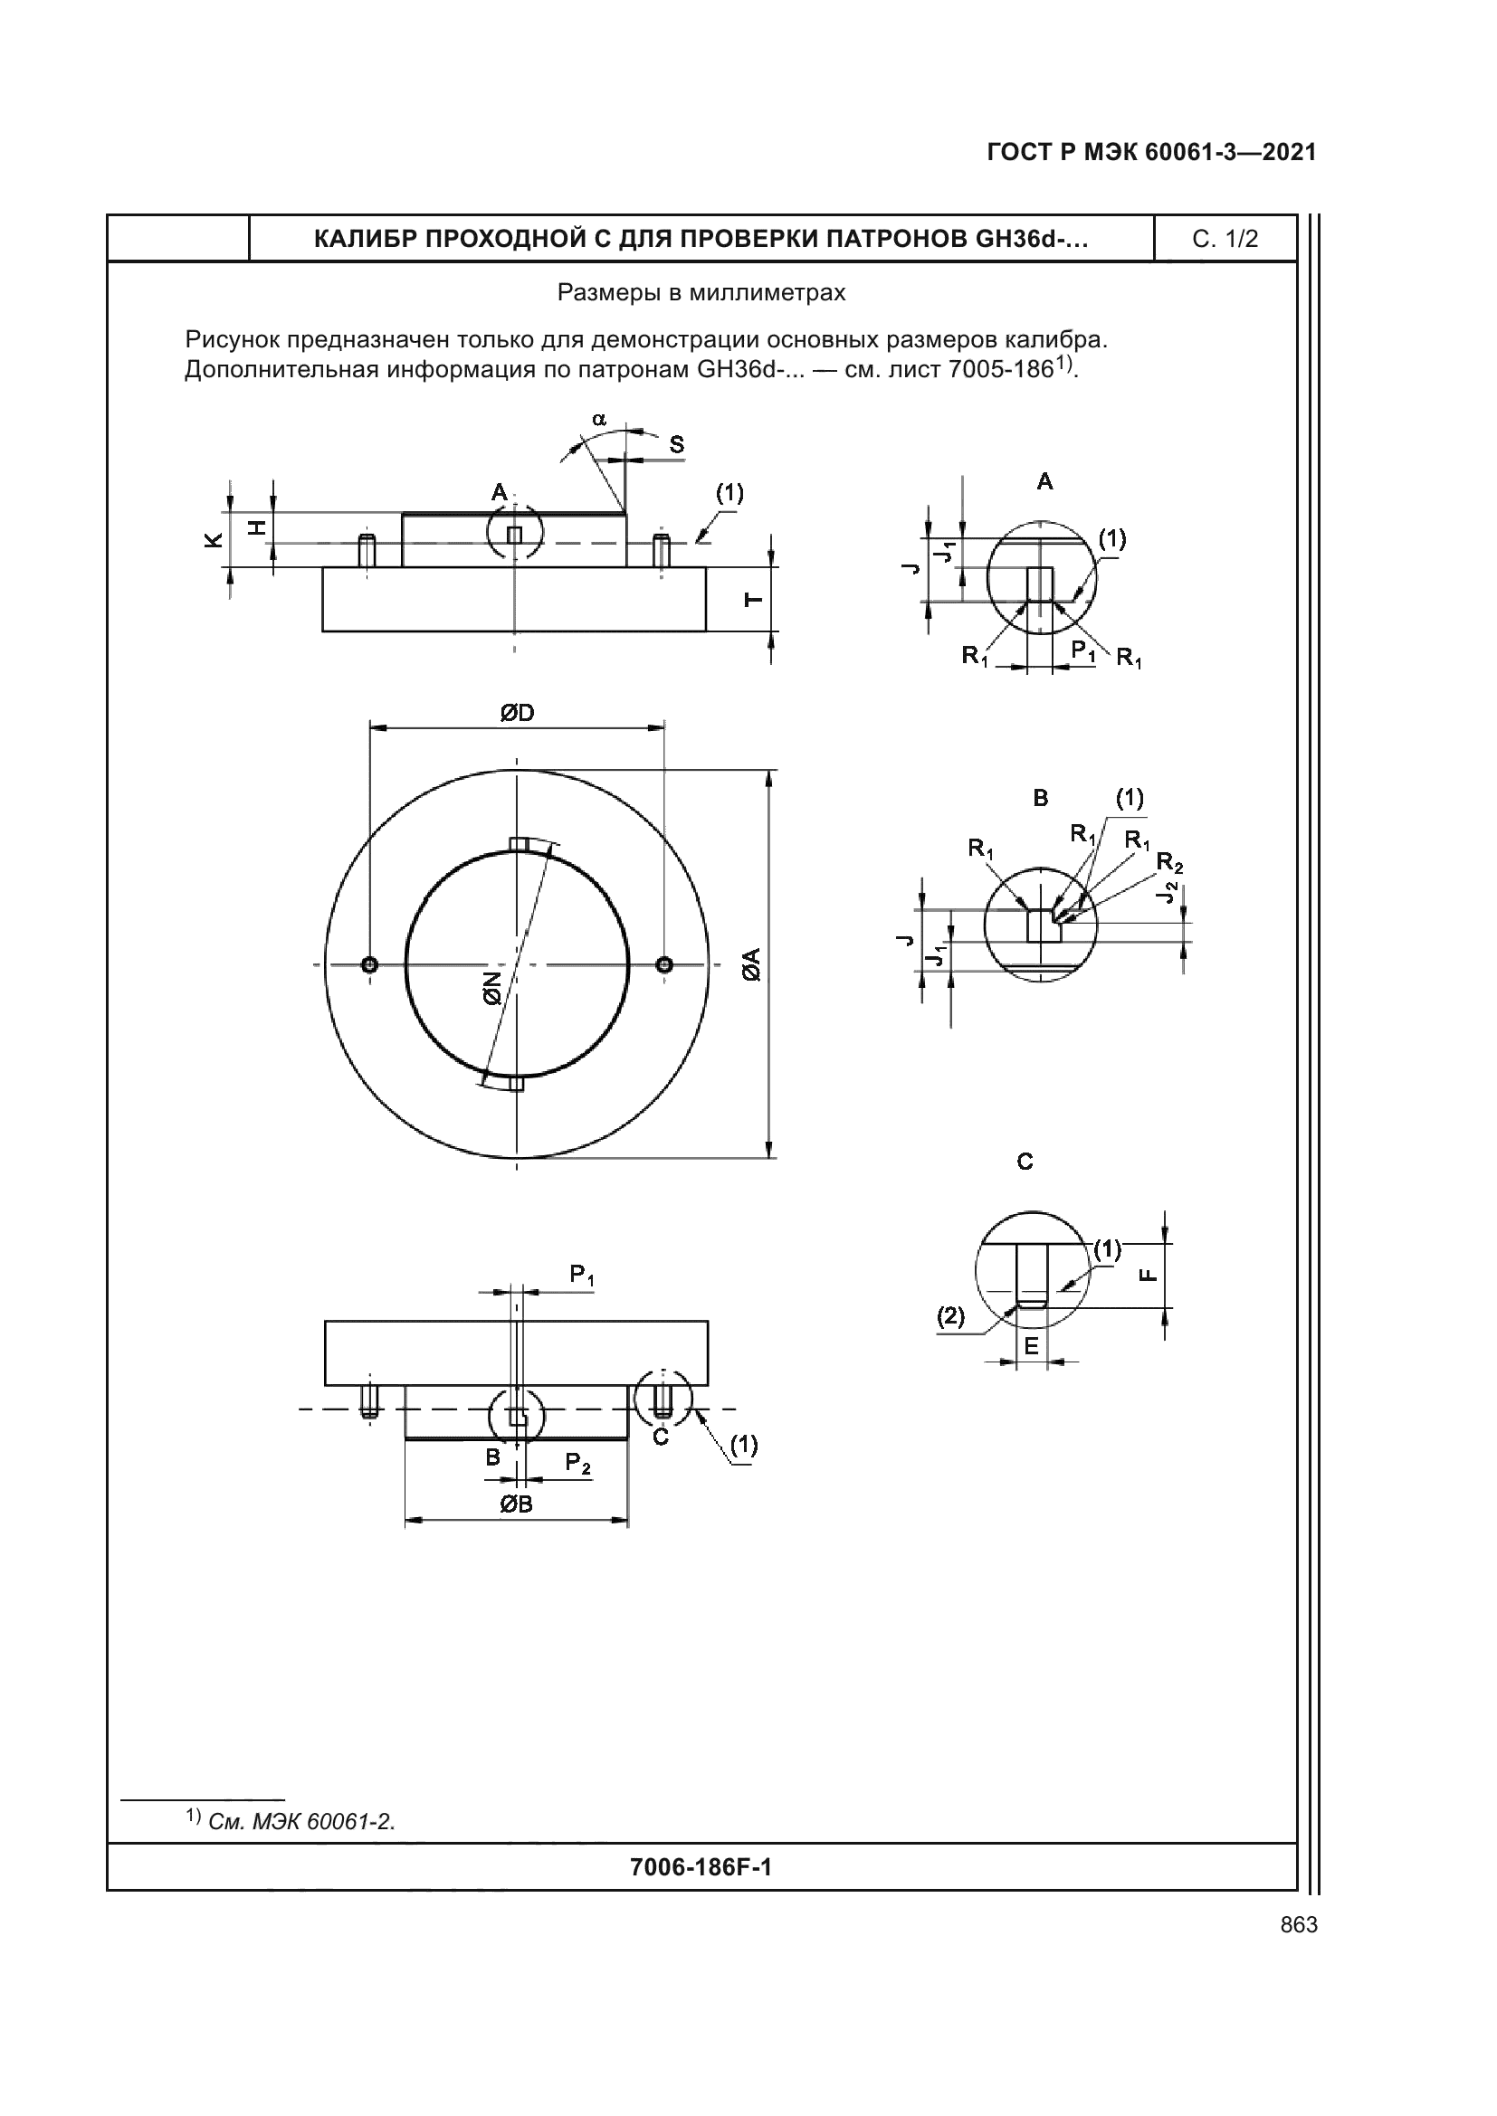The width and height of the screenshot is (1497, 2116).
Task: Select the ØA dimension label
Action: pyautogui.click(x=751, y=964)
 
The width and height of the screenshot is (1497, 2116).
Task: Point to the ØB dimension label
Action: pyautogui.click(x=516, y=1504)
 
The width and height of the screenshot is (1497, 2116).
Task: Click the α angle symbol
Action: pyautogui.click(x=599, y=420)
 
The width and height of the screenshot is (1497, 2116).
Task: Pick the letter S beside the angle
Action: pyautogui.click(x=677, y=445)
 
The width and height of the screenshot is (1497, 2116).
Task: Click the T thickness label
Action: pyautogui.click(x=753, y=600)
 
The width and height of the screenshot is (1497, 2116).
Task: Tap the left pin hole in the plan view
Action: pyautogui.click(x=369, y=965)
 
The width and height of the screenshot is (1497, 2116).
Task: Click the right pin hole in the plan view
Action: pyautogui.click(x=664, y=965)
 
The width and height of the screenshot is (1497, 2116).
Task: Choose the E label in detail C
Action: pyautogui.click(x=1031, y=1346)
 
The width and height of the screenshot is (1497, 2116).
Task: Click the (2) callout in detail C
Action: pyautogui.click(x=950, y=1317)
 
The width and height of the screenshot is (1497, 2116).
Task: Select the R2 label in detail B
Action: pyautogui.click(x=1168, y=863)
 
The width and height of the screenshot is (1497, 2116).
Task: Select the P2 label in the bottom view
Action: pyautogui.click(x=578, y=1463)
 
